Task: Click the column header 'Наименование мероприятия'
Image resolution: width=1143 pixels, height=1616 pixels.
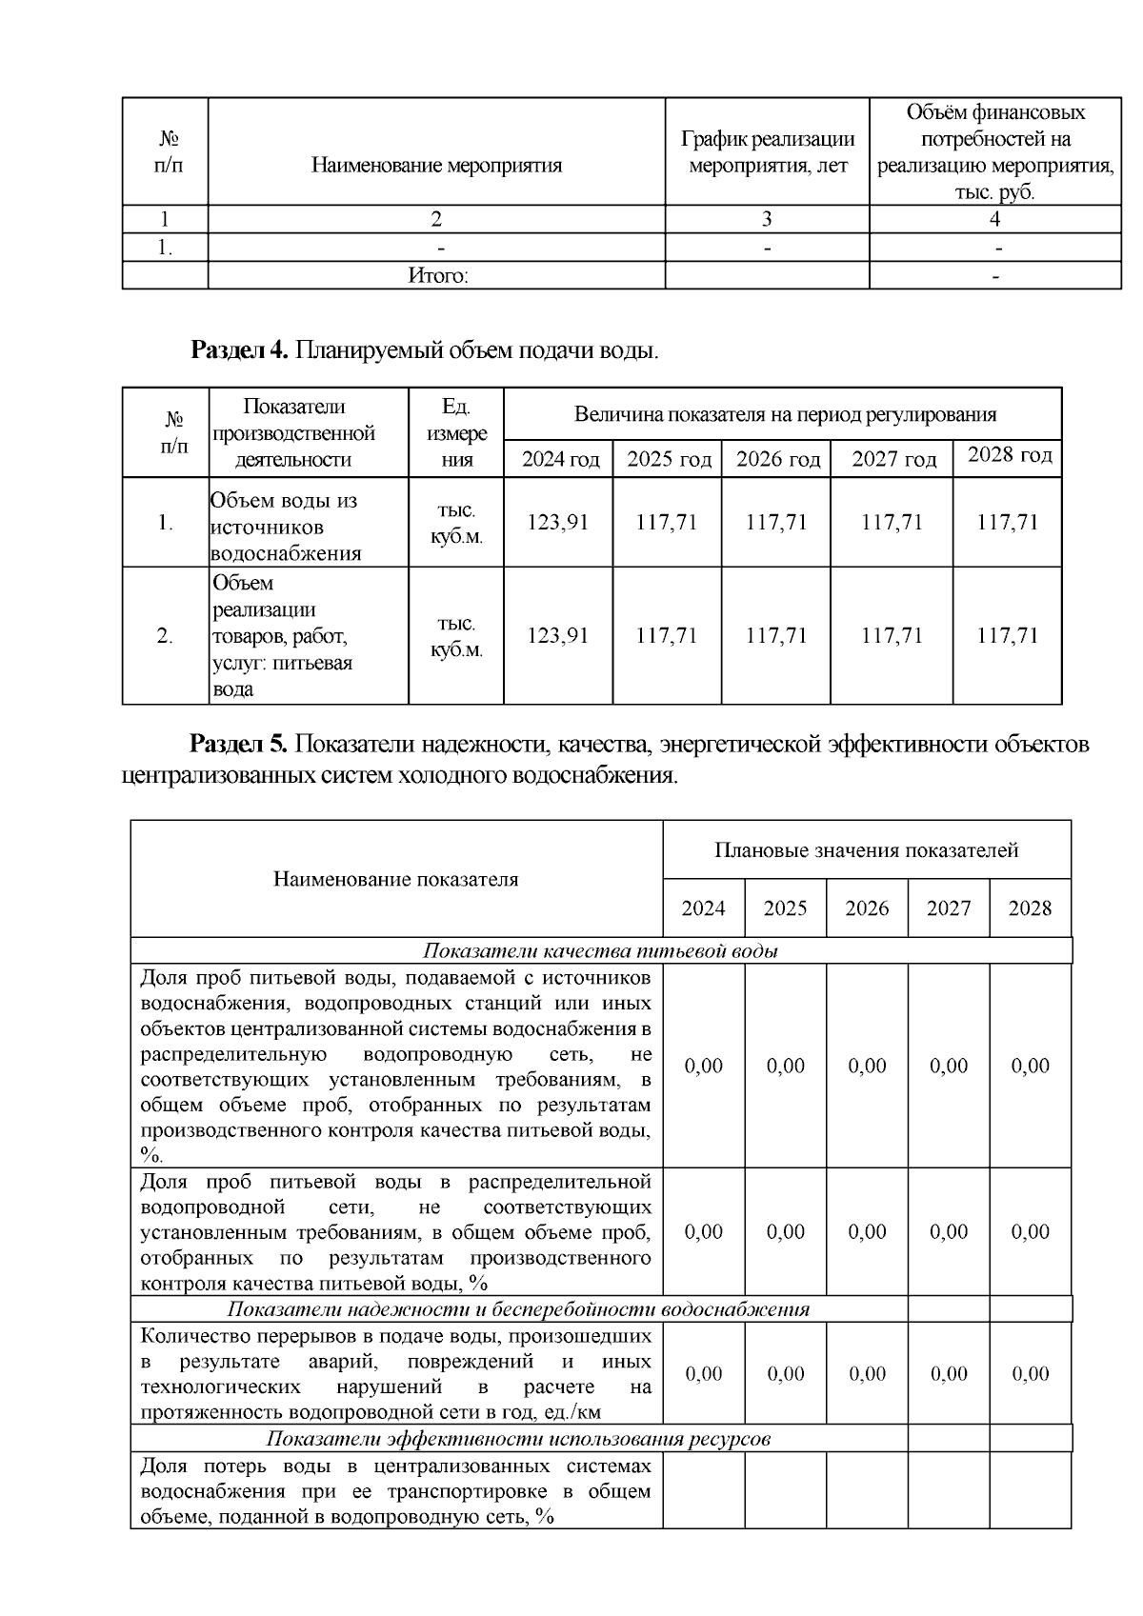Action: click(x=436, y=166)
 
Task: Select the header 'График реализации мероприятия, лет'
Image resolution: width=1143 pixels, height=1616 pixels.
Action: click(x=767, y=152)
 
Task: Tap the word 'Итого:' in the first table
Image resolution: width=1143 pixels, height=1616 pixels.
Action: click(x=437, y=276)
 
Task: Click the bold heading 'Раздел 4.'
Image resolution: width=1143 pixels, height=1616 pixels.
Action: click(x=239, y=350)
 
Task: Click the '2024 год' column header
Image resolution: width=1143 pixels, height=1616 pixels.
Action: click(x=560, y=460)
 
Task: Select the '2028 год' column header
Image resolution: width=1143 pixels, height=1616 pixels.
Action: click(x=1009, y=455)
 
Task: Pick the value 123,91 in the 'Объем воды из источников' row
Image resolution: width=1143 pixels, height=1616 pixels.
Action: click(x=558, y=522)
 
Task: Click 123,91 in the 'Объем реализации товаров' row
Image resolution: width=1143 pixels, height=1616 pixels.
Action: click(x=558, y=635)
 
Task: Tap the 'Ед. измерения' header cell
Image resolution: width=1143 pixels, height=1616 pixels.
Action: click(x=456, y=433)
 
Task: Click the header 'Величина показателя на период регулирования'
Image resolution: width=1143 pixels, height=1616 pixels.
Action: click(x=784, y=414)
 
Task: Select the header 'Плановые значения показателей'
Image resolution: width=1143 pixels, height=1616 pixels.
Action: click(x=866, y=849)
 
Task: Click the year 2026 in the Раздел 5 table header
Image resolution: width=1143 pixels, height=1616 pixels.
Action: click(x=867, y=908)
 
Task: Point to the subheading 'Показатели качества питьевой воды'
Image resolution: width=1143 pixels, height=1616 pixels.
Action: click(x=600, y=951)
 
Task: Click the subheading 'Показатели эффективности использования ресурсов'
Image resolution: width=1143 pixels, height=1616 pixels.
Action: click(x=517, y=1438)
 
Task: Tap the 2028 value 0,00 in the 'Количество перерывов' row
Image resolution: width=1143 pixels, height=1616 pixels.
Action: click(x=1030, y=1373)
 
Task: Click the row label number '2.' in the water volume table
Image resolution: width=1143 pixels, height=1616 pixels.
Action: click(x=165, y=636)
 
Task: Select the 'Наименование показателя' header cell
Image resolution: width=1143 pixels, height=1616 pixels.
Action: click(x=395, y=879)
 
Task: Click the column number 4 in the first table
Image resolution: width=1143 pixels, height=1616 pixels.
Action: click(x=994, y=219)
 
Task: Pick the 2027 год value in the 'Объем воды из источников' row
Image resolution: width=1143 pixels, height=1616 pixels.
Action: click(x=892, y=522)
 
